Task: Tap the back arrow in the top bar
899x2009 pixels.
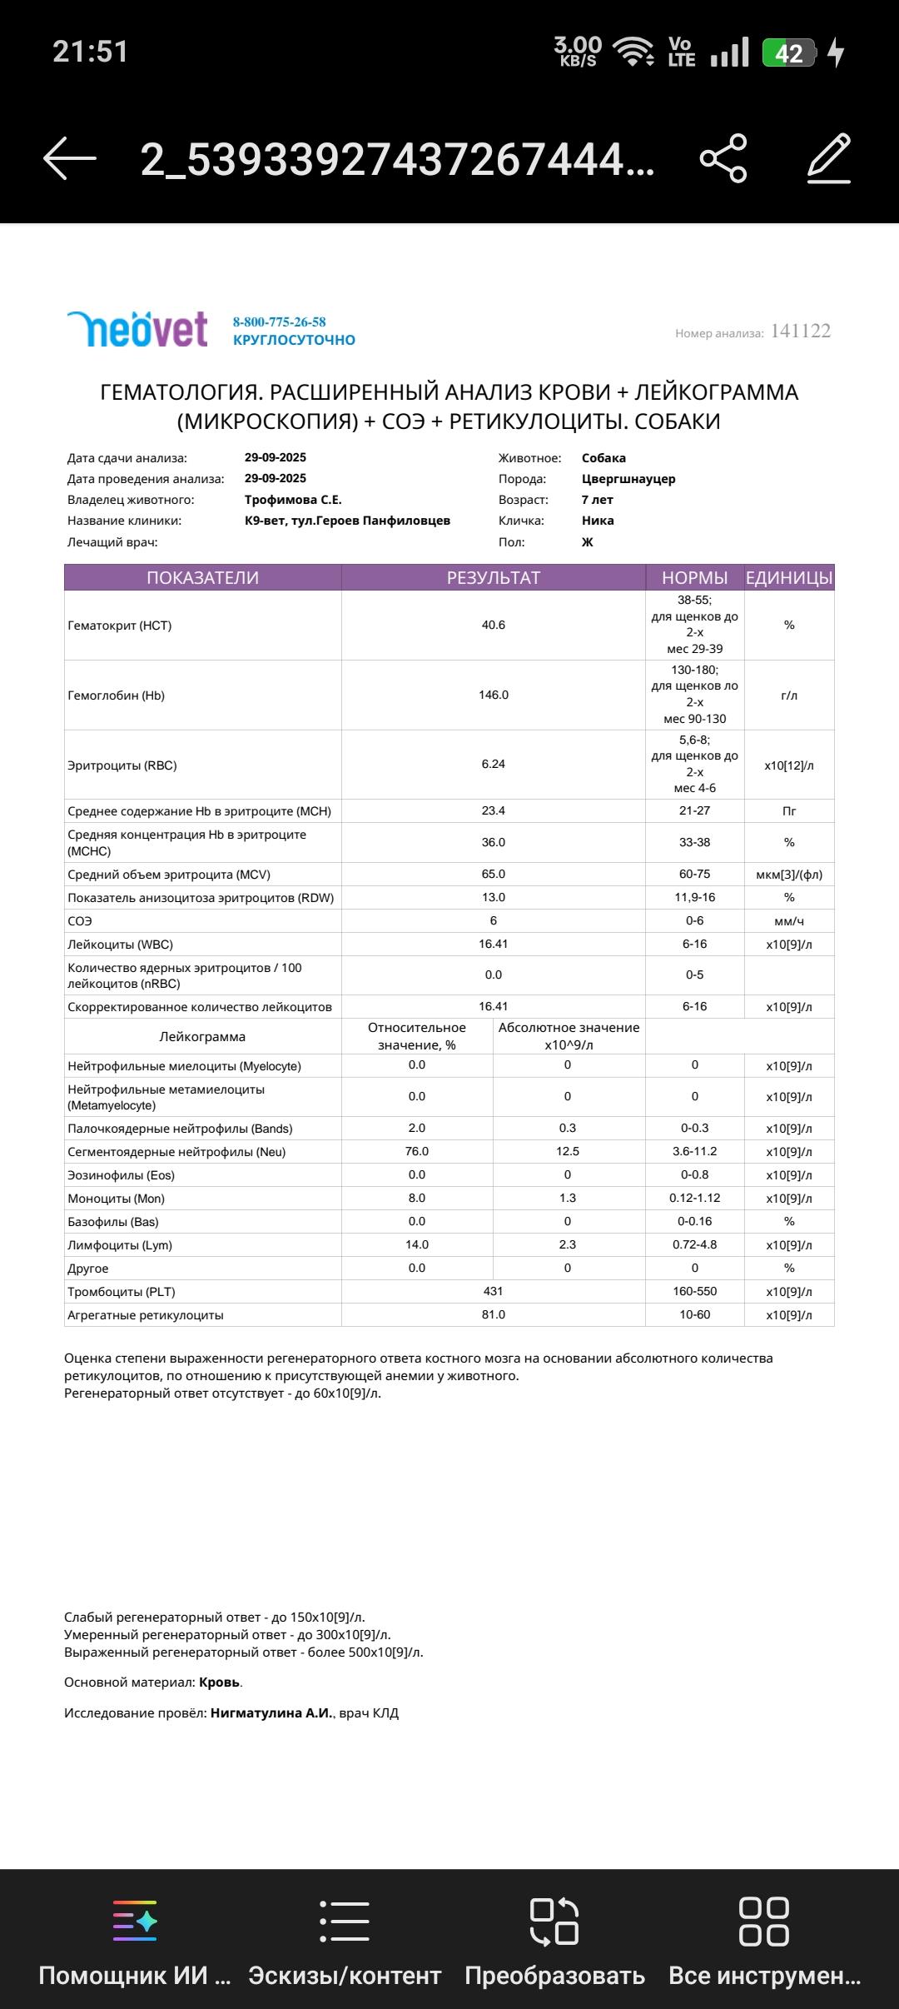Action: (70, 158)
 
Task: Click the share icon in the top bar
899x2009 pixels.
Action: (723, 158)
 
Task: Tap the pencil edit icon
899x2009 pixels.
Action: (829, 158)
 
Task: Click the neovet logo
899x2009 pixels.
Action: (137, 329)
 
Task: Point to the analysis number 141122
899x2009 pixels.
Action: (800, 332)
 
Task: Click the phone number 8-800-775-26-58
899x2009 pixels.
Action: (279, 322)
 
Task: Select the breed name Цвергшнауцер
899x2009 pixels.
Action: (628, 479)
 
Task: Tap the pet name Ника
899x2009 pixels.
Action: (598, 521)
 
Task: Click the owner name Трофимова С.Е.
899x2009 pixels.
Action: (293, 500)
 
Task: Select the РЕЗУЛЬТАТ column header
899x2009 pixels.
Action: (494, 578)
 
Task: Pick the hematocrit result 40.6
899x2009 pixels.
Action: (494, 625)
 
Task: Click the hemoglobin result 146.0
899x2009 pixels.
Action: (494, 695)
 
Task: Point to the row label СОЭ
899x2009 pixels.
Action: (80, 921)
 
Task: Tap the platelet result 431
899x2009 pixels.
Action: (494, 1291)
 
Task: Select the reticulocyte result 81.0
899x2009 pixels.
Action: (494, 1314)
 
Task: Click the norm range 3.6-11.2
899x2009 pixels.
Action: (694, 1151)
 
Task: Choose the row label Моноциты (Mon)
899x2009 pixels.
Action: (117, 1199)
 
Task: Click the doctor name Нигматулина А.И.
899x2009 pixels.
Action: (271, 1713)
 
